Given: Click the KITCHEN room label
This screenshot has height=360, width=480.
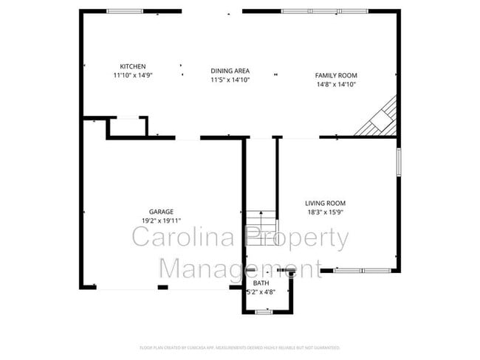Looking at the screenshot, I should point(133,66).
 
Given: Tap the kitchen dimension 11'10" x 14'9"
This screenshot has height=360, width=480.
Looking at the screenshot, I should point(133,75).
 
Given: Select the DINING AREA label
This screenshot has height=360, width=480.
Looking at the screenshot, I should point(230,71).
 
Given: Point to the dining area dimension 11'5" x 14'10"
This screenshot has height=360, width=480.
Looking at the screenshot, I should point(230,80).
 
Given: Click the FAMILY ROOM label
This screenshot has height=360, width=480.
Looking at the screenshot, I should point(336,75).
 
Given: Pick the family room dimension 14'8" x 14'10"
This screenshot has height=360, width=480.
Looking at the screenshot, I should point(336,84).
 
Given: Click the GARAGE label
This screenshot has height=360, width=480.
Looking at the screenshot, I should point(161,212).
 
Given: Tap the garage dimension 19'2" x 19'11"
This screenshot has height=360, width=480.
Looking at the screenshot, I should point(161,221).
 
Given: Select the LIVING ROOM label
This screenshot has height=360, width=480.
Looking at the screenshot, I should point(325,204).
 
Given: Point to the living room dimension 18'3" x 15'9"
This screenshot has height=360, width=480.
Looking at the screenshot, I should point(325,212).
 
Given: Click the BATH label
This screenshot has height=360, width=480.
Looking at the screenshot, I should point(261,283).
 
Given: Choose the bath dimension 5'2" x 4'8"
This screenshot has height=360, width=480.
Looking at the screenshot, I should point(261,291).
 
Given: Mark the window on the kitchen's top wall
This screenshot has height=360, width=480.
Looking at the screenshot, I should point(126,11).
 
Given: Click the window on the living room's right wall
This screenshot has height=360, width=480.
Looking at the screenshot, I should point(398,163).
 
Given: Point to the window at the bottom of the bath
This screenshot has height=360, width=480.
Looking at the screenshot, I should point(264,312).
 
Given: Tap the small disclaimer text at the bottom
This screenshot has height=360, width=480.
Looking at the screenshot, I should point(240,347).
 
